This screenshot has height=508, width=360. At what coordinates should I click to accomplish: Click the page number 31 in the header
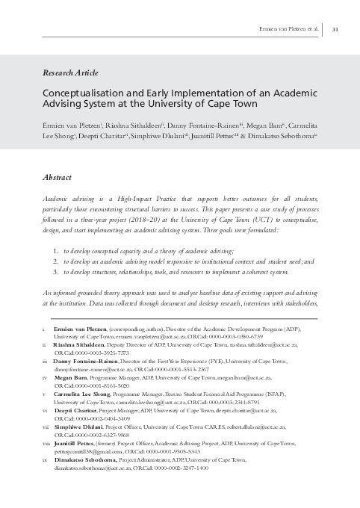tap(336, 29)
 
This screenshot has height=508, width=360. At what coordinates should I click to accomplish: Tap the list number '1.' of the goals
tap(56, 253)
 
